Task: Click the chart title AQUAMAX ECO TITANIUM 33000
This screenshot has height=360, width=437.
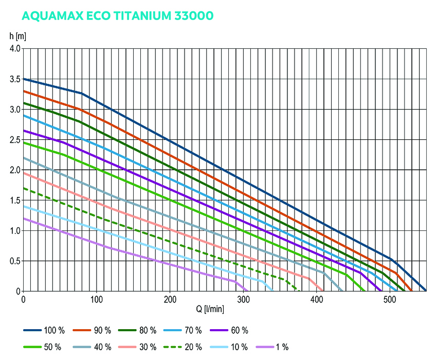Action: point(118,16)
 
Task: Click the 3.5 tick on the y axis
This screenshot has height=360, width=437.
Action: point(14,79)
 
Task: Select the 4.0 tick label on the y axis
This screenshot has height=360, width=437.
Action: point(14,49)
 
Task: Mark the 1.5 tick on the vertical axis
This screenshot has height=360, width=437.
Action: point(14,201)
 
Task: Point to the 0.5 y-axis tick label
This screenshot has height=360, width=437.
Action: point(14,261)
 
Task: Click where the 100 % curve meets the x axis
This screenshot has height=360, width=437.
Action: point(426,291)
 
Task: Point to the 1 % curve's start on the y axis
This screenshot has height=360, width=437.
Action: point(24,219)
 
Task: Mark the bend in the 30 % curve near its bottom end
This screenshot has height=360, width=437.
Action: point(308,278)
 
